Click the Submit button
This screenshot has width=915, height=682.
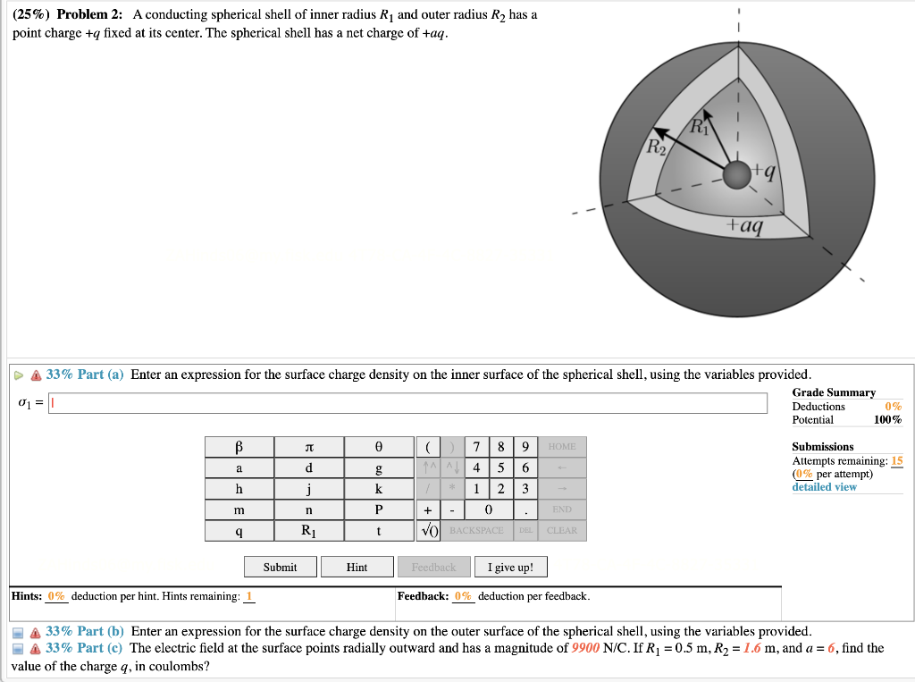coord(281,567)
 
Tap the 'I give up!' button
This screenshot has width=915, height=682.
coord(510,567)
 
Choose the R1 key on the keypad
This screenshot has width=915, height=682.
coord(308,531)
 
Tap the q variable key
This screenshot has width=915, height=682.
coord(239,531)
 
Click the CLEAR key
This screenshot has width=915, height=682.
coord(562,531)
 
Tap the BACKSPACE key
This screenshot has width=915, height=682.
coord(478,531)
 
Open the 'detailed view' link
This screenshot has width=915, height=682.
coord(824,487)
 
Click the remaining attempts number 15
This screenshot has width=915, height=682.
coord(897,461)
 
